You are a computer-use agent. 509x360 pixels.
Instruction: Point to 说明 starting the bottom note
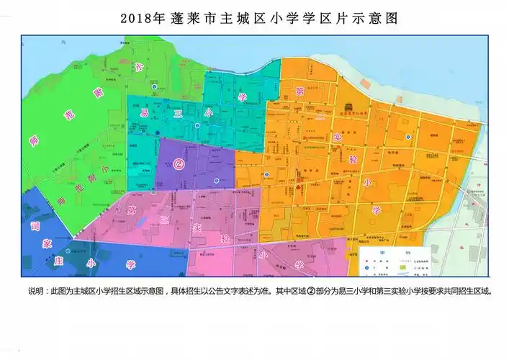[35, 291]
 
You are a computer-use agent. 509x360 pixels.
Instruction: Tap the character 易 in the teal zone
[143, 114]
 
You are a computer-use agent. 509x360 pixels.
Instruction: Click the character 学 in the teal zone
[243, 96]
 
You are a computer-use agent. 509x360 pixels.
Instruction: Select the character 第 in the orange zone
[299, 91]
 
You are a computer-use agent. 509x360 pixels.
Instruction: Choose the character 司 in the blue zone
[33, 226]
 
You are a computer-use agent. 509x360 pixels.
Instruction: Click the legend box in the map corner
[395, 261]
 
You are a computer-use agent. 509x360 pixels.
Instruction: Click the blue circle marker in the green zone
[154, 87]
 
